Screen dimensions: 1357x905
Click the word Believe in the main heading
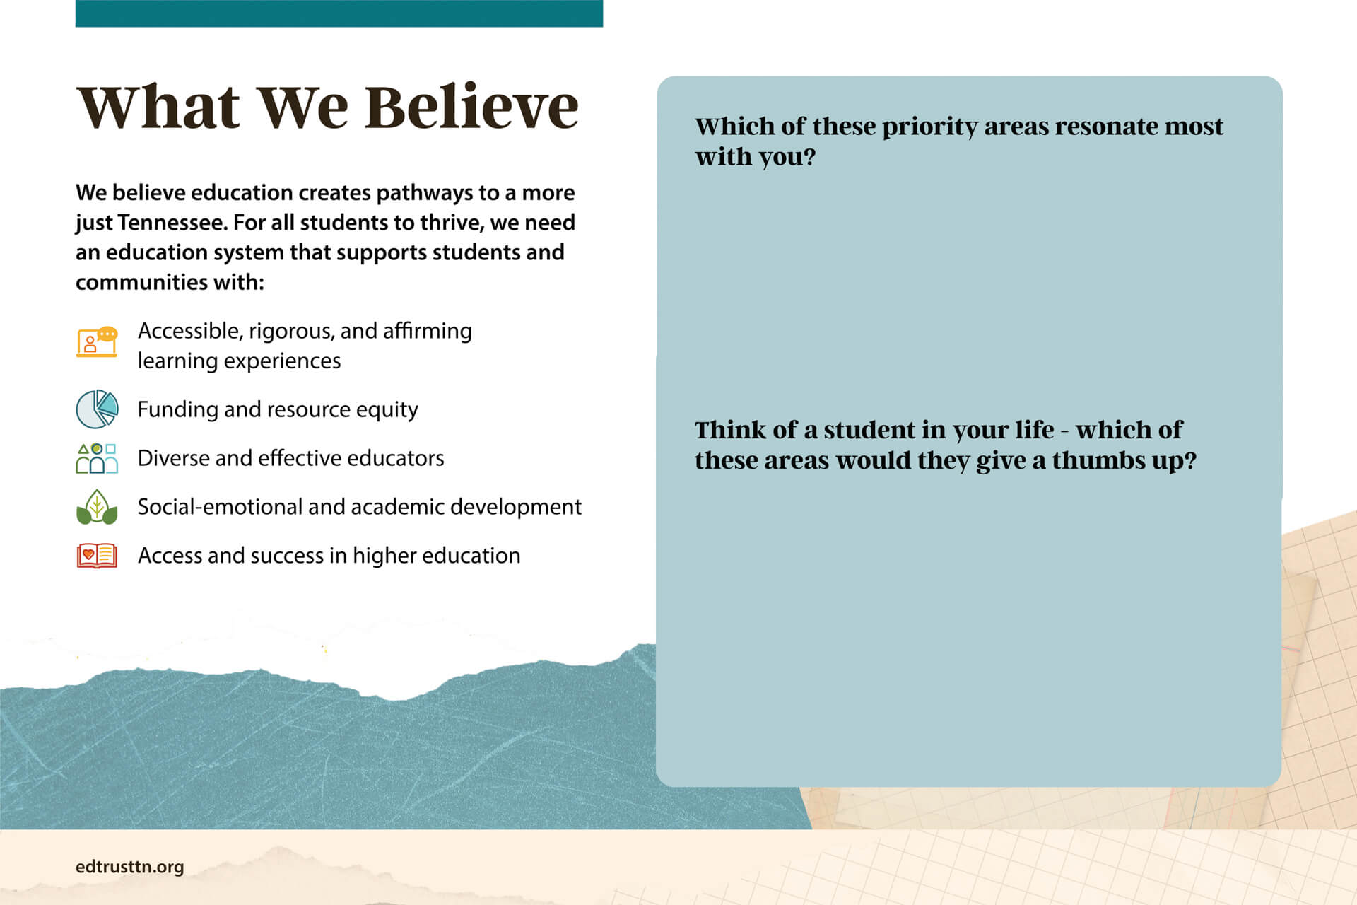(x=471, y=107)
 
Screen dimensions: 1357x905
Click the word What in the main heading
(x=158, y=107)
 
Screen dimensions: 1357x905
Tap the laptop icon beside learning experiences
(x=97, y=342)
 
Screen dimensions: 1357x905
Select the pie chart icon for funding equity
(x=97, y=409)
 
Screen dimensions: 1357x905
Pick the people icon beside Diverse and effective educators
(x=97, y=458)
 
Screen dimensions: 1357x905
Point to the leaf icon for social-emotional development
(x=97, y=507)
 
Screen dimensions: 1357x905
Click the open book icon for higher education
(x=97, y=556)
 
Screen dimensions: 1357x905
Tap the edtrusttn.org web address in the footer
(x=129, y=867)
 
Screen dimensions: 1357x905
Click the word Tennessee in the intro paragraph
(x=172, y=223)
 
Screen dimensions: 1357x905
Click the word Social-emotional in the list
(x=220, y=507)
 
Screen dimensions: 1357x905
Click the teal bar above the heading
(x=339, y=13)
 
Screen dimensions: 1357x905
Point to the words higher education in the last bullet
(x=436, y=556)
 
